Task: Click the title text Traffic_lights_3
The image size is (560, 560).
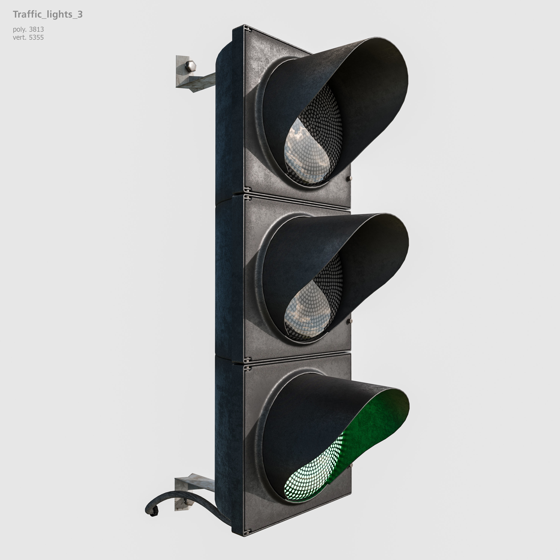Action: click(x=48, y=15)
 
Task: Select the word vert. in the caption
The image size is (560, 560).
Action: click(x=19, y=37)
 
